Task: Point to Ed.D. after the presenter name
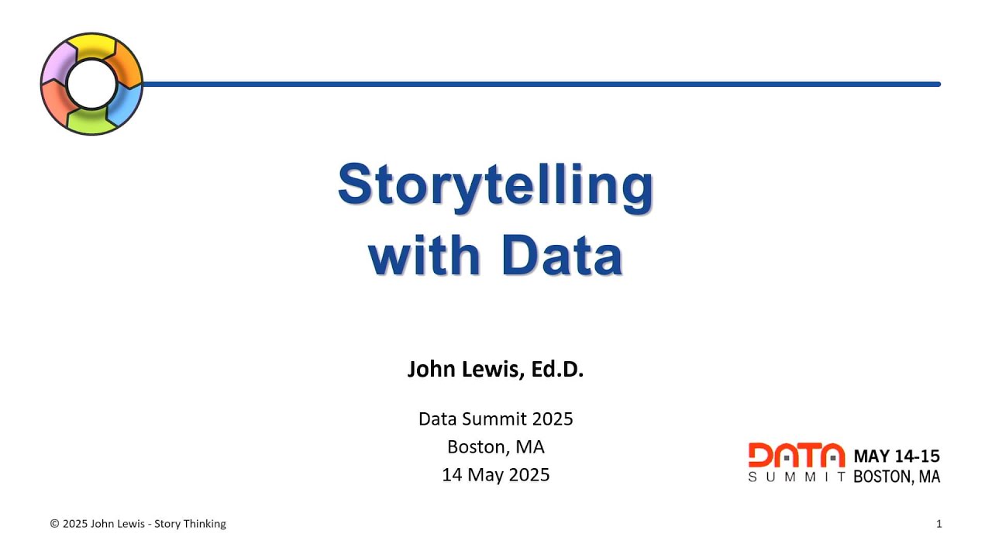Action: pyautogui.click(x=556, y=370)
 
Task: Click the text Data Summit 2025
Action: pyautogui.click(x=495, y=419)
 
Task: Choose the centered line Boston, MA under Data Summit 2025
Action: pyautogui.click(x=495, y=447)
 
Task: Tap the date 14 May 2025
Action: pyautogui.click(x=495, y=474)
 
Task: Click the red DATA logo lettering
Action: pyautogui.click(x=796, y=455)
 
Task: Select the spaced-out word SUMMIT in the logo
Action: pyautogui.click(x=797, y=477)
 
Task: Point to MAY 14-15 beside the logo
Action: pyautogui.click(x=897, y=456)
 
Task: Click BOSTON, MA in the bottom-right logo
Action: pyautogui.click(x=897, y=477)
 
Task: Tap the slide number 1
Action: pyautogui.click(x=939, y=524)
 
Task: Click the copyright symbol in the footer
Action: pyautogui.click(x=54, y=524)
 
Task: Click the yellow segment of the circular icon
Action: pyautogui.click(x=91, y=46)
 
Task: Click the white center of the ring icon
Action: pyautogui.click(x=91, y=84)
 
